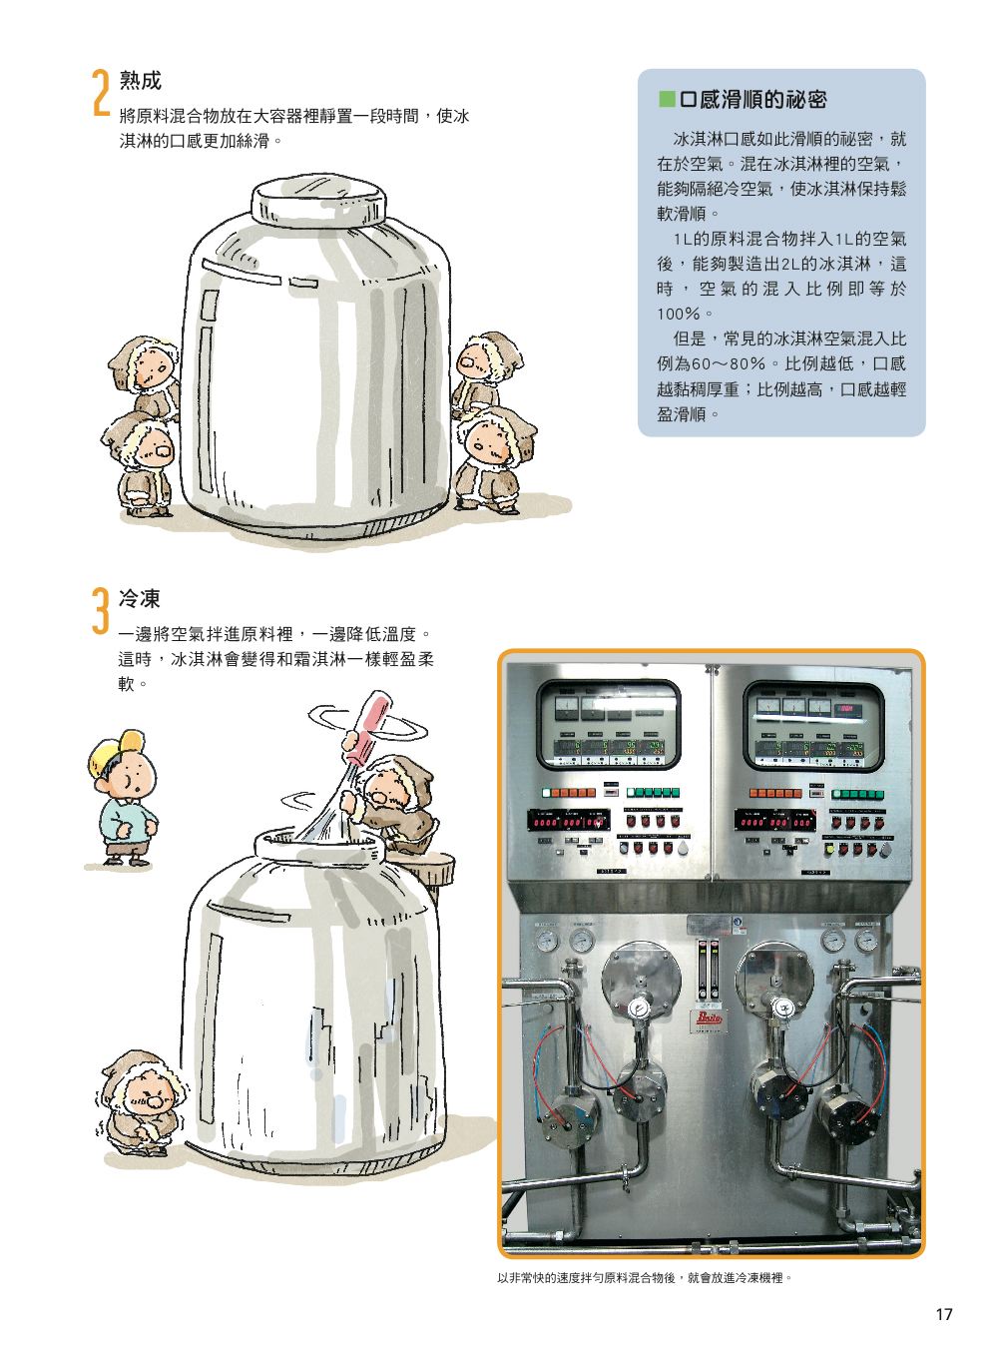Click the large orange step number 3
pyautogui.click(x=101, y=610)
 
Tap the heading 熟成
pyautogui.click(x=140, y=81)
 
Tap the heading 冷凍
pyautogui.click(x=140, y=599)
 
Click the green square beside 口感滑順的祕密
pyautogui.click(x=667, y=99)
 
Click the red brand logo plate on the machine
pyautogui.click(x=709, y=1018)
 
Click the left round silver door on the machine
pyautogui.click(x=641, y=978)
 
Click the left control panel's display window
pyautogui.click(x=608, y=726)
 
